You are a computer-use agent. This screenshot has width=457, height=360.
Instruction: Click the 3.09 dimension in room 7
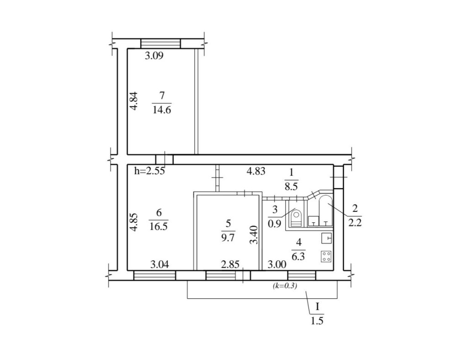[x=154, y=55]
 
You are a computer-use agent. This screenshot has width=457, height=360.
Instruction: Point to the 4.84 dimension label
[x=134, y=101]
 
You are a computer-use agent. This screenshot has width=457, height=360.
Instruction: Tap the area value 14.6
[x=162, y=110]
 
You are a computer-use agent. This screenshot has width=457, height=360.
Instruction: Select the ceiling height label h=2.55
[x=149, y=171]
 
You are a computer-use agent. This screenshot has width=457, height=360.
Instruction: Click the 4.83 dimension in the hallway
[x=256, y=171]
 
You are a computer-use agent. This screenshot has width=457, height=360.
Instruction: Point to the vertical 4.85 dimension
[x=134, y=223]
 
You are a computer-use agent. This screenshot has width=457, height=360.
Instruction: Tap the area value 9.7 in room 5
[x=228, y=238]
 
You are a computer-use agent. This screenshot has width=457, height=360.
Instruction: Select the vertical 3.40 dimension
[x=255, y=235]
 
